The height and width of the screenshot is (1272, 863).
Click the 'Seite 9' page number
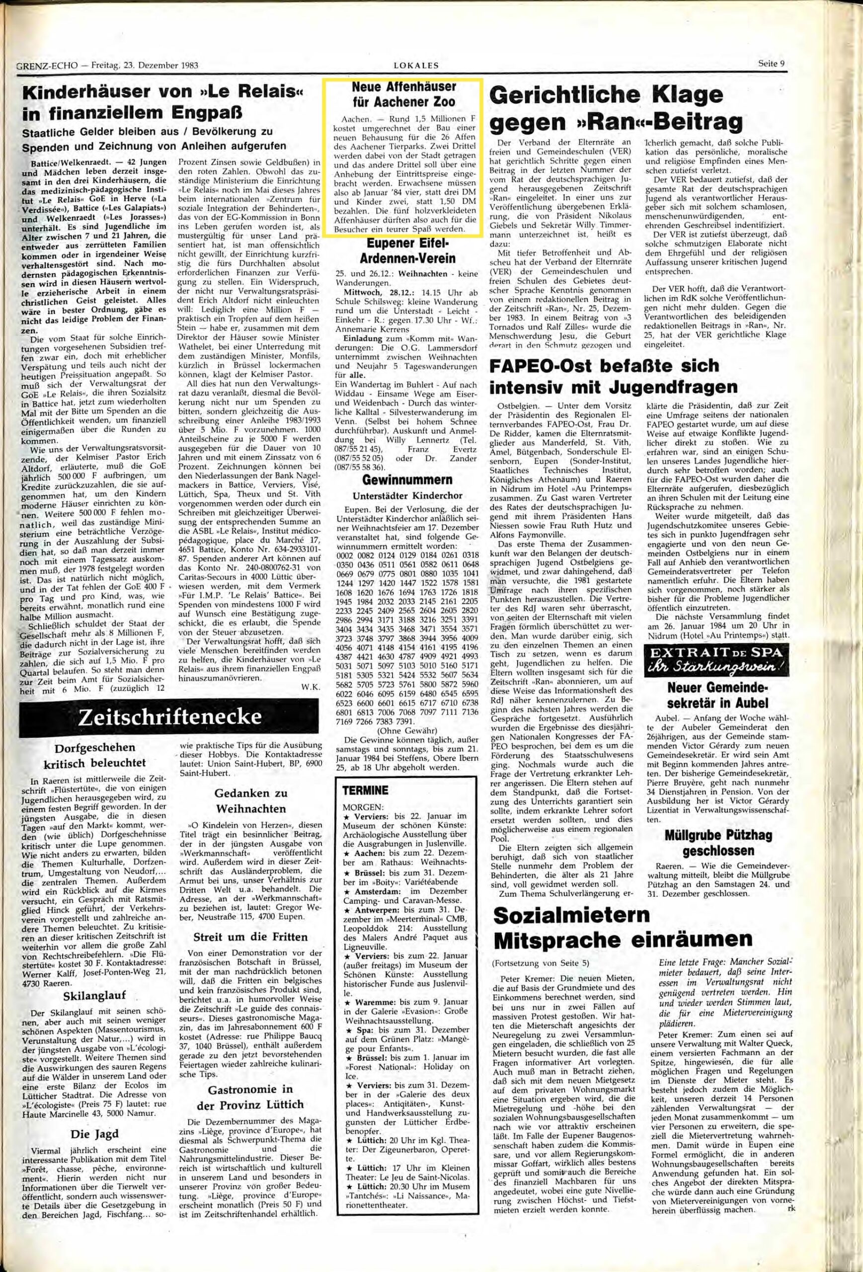pyautogui.click(x=772, y=63)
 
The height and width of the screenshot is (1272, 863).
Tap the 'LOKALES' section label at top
pyautogui.click(x=416, y=65)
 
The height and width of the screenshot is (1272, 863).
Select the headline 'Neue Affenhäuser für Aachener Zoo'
pyautogui.click(x=403, y=94)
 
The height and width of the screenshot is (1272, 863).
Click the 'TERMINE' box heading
pyautogui.click(x=366, y=791)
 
